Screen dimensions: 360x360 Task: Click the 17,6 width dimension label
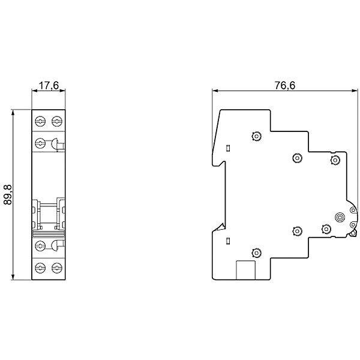point(49,85)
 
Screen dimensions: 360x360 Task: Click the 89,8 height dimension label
point(8,194)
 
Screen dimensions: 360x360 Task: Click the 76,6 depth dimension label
point(285,85)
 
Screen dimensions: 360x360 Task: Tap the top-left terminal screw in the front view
point(40,121)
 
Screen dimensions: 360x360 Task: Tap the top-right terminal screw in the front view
point(57,121)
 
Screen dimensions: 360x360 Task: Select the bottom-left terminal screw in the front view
point(40,268)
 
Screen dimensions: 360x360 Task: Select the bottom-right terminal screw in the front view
point(57,268)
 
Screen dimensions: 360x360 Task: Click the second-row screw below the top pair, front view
point(40,143)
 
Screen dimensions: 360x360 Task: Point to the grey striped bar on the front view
point(49,234)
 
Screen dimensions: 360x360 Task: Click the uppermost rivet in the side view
point(256,136)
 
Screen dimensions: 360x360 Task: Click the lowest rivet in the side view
point(256,253)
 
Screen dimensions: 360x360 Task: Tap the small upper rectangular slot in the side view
point(228,148)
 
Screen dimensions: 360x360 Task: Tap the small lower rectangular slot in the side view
point(228,241)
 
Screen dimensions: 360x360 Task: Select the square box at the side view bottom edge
point(245,270)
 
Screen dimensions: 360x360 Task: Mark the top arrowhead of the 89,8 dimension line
point(13,112)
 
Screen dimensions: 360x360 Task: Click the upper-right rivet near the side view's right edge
point(335,160)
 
